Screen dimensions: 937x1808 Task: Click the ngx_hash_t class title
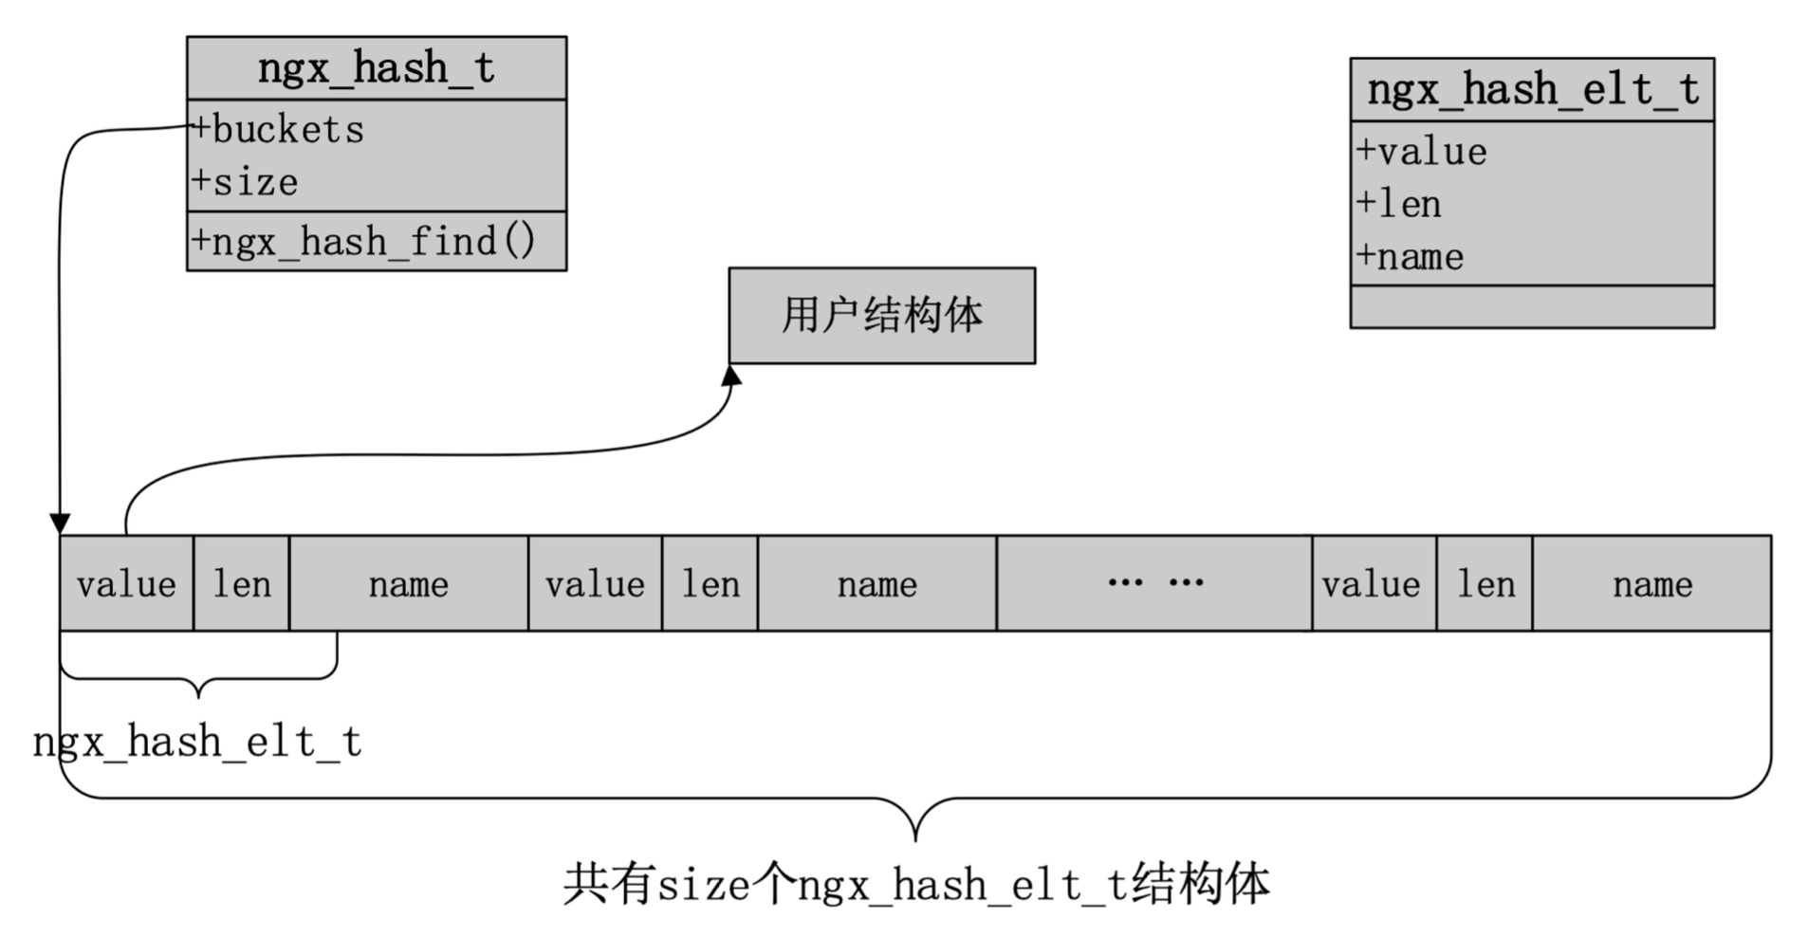pyautogui.click(x=376, y=68)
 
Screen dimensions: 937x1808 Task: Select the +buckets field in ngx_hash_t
pyautogui.click(x=279, y=130)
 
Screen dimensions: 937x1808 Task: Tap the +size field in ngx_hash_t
pyautogui.click(x=246, y=182)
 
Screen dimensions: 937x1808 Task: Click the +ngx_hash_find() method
pyautogui.click(x=364, y=241)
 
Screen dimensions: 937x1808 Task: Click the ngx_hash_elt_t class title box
pyautogui.click(x=1531, y=90)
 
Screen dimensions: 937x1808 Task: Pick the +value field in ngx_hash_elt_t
pyautogui.click(x=1422, y=152)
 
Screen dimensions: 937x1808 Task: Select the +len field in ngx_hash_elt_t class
pyautogui.click(x=1399, y=204)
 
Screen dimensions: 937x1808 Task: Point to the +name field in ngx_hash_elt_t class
pyautogui.click(x=1411, y=256)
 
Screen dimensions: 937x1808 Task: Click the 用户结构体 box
pyautogui.click(x=881, y=315)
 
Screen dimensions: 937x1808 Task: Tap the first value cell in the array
pyautogui.click(x=126, y=583)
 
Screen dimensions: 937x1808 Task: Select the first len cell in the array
pyautogui.click(x=241, y=583)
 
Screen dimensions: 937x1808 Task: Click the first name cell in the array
pyautogui.click(x=408, y=583)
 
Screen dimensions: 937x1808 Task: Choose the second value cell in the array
pyautogui.click(x=595, y=583)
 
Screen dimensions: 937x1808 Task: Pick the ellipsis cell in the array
pyautogui.click(x=1153, y=583)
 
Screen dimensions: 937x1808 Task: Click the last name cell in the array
pyautogui.click(x=1651, y=583)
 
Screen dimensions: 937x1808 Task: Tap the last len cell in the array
pyautogui.click(x=1485, y=583)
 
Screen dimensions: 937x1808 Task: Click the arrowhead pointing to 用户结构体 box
pyautogui.click(x=731, y=376)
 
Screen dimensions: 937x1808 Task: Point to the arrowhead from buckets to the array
pyautogui.click(x=60, y=524)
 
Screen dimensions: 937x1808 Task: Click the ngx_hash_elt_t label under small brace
pyautogui.click(x=197, y=742)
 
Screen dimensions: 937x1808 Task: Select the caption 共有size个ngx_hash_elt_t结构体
pyautogui.click(x=915, y=884)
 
